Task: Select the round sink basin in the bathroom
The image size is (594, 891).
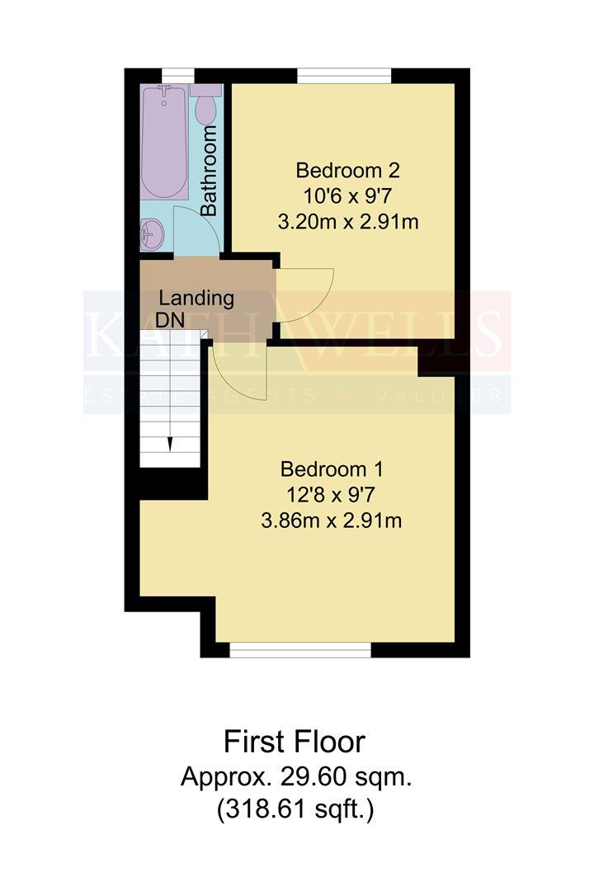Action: click(153, 233)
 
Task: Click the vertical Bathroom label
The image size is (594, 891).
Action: click(209, 171)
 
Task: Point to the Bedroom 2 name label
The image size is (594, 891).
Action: click(348, 170)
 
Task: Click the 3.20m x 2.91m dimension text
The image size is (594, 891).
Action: click(348, 222)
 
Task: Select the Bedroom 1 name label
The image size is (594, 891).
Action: click(332, 469)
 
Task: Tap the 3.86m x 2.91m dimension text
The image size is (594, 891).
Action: click(332, 521)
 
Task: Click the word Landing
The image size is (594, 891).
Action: click(196, 299)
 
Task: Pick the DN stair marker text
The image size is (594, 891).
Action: click(171, 320)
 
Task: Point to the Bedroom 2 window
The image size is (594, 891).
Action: click(344, 76)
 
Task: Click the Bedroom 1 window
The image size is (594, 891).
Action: click(300, 650)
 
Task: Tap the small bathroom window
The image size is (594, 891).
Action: click(178, 76)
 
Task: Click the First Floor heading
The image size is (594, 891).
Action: click(295, 742)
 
